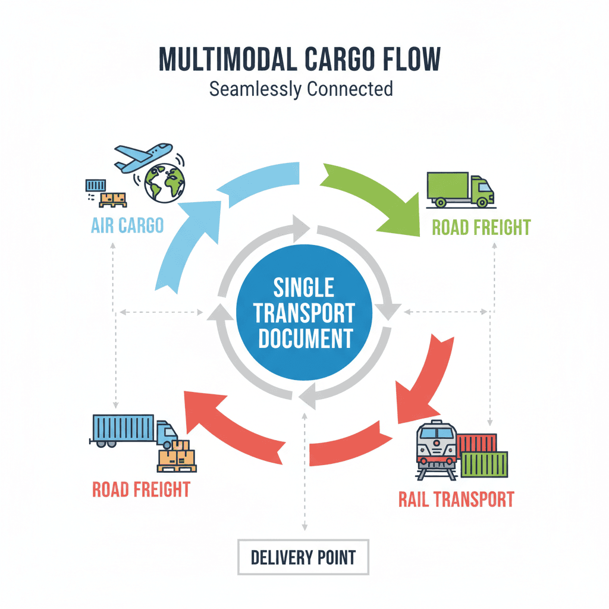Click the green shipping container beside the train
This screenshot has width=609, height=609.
click(485, 464)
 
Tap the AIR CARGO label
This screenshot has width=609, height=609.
click(128, 227)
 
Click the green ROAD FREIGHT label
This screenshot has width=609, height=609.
click(481, 227)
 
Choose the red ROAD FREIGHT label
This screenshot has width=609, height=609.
click(141, 489)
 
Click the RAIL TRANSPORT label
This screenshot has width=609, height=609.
click(456, 498)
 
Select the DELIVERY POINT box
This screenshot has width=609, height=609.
click(303, 557)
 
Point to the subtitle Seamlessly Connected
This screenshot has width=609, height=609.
click(301, 89)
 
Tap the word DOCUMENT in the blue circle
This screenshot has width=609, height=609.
click(304, 338)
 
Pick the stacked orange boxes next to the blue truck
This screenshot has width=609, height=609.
click(177, 456)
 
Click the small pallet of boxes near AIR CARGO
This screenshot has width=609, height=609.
click(113, 200)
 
